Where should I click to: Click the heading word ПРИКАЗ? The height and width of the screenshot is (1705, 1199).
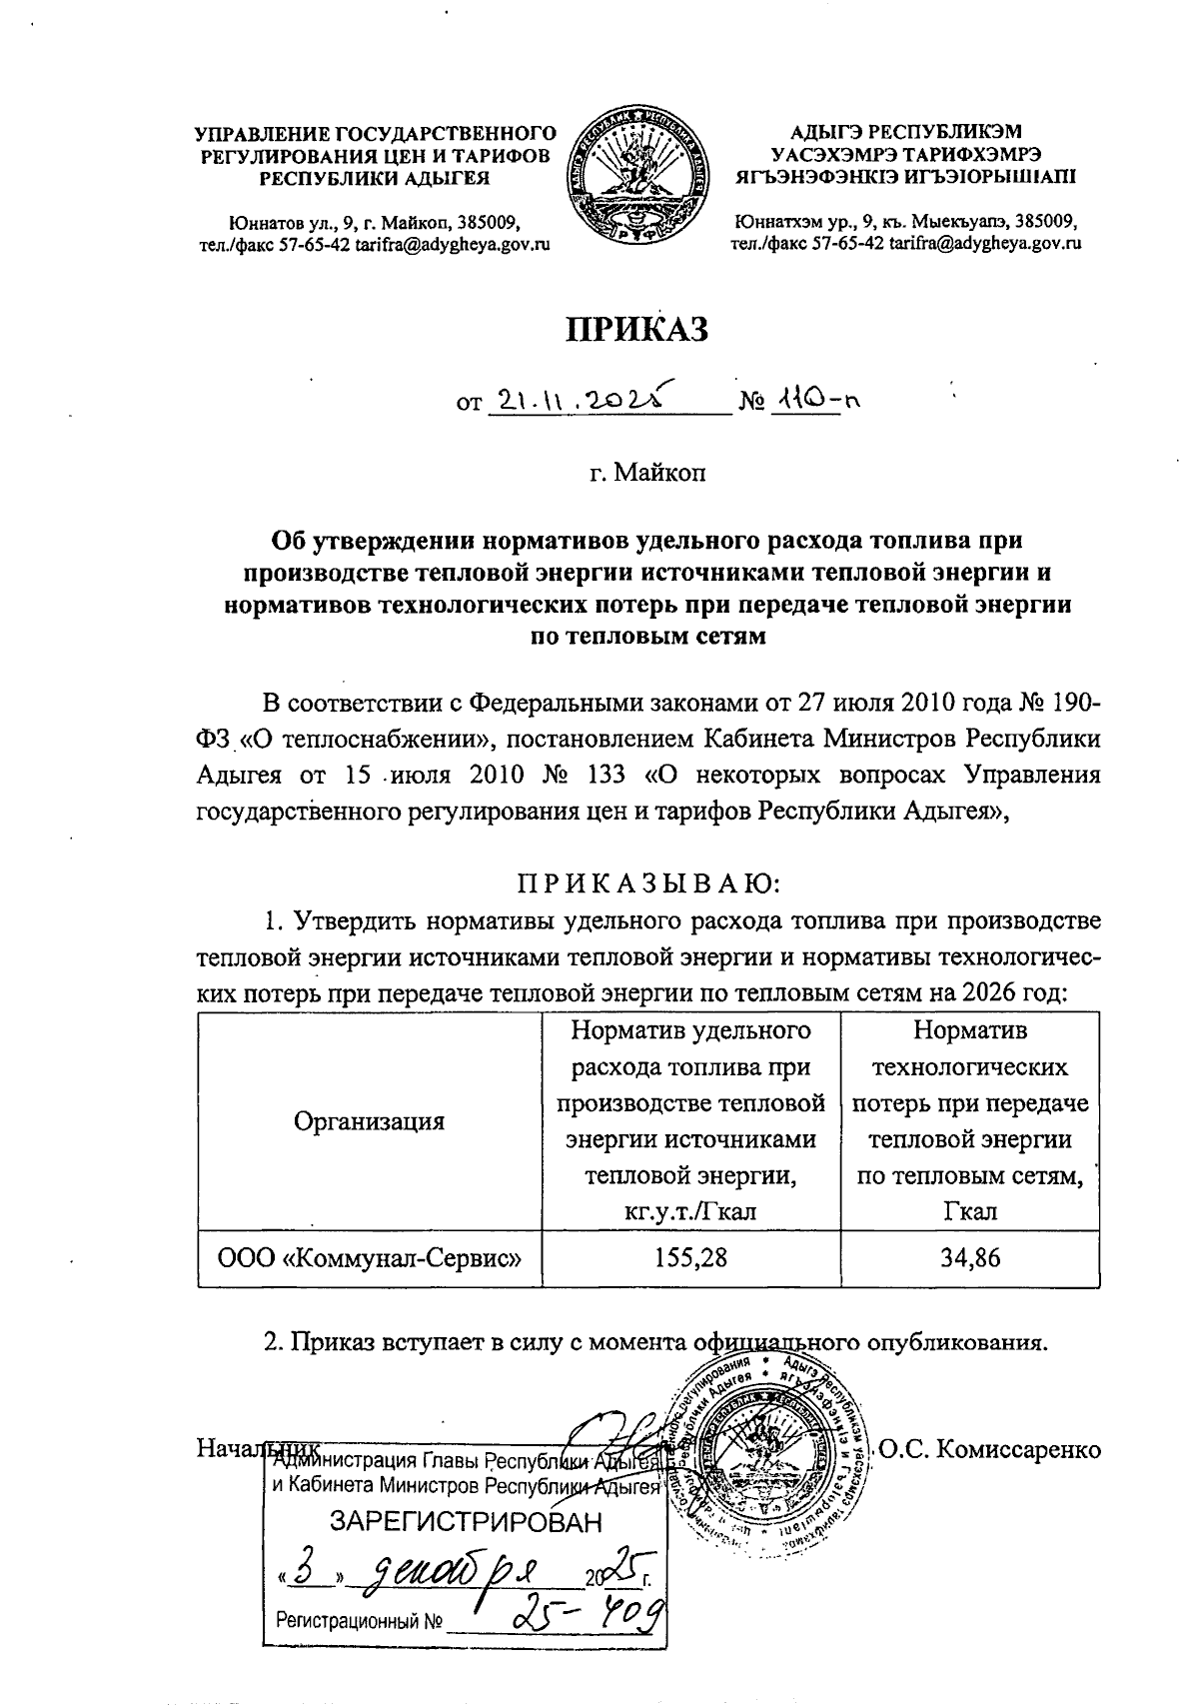tap(637, 329)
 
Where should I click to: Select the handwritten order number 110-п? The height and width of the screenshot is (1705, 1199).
tap(815, 402)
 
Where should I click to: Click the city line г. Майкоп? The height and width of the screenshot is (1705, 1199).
tap(646, 471)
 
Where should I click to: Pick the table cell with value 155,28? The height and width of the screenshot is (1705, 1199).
tap(690, 1257)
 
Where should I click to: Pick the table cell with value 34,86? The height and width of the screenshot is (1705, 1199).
tap(969, 1257)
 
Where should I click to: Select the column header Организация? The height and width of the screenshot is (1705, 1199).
tap(369, 1120)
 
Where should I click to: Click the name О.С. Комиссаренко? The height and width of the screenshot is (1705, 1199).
tap(989, 1449)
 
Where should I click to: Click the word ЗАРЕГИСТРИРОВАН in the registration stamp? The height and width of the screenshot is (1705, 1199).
tap(467, 1522)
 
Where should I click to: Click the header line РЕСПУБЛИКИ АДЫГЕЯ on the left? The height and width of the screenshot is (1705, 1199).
tap(375, 179)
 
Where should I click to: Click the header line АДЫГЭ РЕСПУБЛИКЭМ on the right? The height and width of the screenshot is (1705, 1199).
tap(906, 131)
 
